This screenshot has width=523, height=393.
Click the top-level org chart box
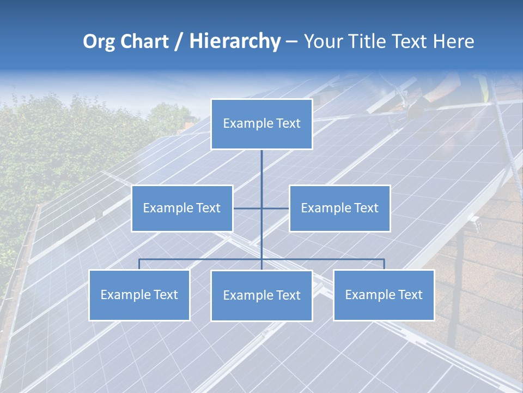click(261, 124)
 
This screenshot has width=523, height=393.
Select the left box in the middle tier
click(182, 208)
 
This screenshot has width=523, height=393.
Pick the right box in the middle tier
click(339, 208)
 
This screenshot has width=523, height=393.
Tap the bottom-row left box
click(139, 295)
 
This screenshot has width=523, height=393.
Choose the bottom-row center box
click(261, 295)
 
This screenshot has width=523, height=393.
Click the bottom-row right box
click(384, 295)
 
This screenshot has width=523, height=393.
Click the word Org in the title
click(98, 41)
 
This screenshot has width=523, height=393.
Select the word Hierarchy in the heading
click(234, 41)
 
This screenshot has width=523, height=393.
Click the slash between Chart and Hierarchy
click(179, 41)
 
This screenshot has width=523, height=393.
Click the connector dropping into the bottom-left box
click(139, 264)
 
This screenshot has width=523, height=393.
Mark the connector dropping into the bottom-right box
click(384, 264)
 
